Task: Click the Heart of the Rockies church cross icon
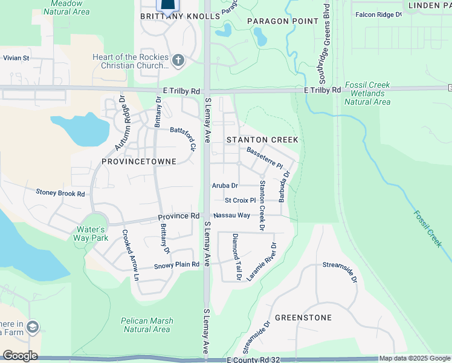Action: (178, 60)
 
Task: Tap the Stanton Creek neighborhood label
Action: (262, 140)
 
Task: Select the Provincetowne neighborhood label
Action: (139, 162)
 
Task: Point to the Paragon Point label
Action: (283, 21)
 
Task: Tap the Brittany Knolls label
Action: (180, 17)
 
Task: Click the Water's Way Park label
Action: (91, 234)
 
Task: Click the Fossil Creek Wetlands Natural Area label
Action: (367, 94)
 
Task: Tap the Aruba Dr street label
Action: (225, 186)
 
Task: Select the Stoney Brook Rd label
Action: (60, 194)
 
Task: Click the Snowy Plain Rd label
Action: (177, 265)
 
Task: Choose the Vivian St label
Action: (17, 58)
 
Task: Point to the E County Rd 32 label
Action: (254, 360)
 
